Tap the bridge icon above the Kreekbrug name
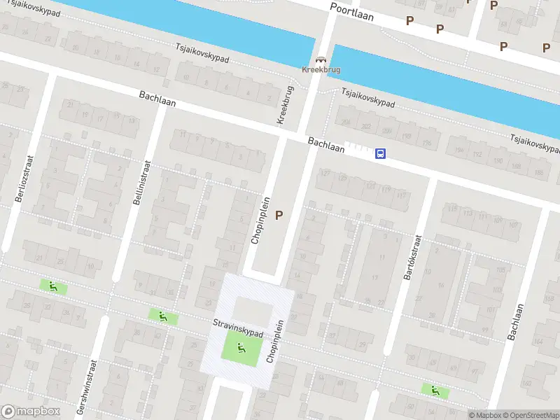[x=321, y=60]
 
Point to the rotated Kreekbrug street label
[x=285, y=106]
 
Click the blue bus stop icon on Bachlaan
[x=380, y=154]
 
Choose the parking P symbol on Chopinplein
[x=280, y=216]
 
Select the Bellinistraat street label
[x=137, y=181]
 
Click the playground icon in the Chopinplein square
[x=241, y=346]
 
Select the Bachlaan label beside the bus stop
[x=326, y=146]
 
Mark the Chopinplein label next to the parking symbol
[x=258, y=218]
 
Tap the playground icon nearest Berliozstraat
[x=52, y=286]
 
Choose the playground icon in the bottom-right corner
[x=435, y=391]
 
